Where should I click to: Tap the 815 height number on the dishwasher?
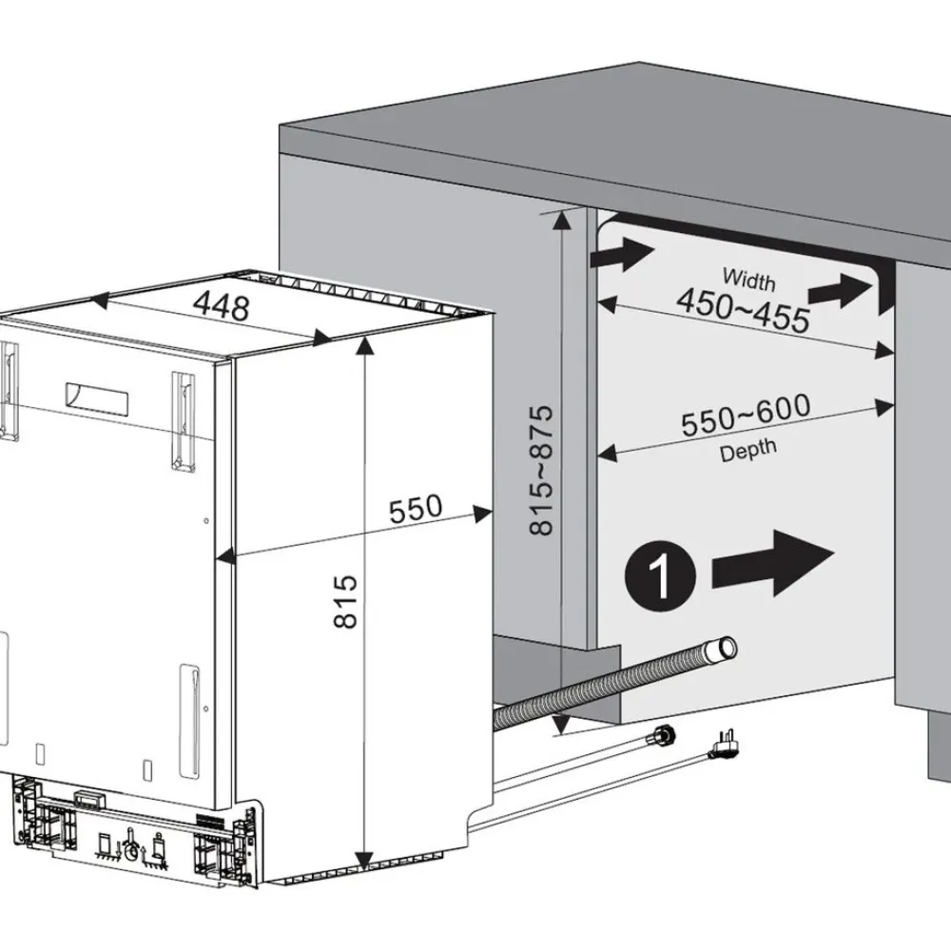(x=346, y=601)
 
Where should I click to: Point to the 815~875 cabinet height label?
(x=541, y=470)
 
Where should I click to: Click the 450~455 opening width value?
(x=743, y=310)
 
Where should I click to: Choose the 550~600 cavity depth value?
(x=746, y=416)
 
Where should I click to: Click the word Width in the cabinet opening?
(x=749, y=280)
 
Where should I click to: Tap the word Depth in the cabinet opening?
(x=747, y=451)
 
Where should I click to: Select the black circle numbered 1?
(x=660, y=576)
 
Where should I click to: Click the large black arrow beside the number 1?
(x=772, y=563)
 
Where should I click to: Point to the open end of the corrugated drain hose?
(x=726, y=649)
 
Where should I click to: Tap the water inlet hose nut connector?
(x=663, y=734)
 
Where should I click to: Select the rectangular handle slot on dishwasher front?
(x=97, y=400)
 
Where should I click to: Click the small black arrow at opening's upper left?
(x=622, y=254)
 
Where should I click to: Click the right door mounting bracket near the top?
(x=184, y=421)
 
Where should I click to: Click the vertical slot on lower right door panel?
(x=189, y=721)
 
